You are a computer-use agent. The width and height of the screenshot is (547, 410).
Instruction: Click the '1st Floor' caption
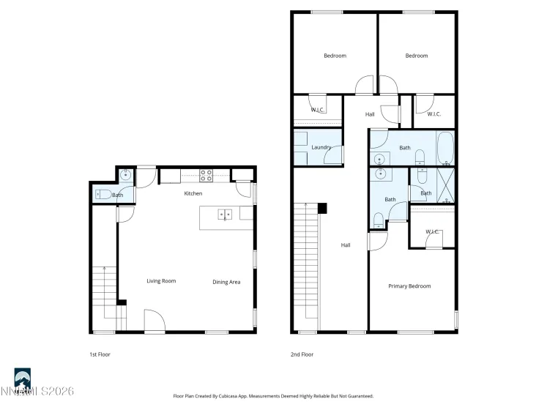(100, 354)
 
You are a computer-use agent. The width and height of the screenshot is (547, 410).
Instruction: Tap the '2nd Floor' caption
(302, 354)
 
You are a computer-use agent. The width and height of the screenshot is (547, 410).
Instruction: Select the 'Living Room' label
(161, 281)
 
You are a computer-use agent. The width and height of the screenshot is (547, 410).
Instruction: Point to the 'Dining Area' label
(226, 282)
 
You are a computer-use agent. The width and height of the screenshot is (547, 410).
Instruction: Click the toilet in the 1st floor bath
(102, 195)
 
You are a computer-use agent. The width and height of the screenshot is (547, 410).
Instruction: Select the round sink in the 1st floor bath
(126, 176)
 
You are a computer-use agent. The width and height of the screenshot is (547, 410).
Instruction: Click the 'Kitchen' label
(193, 193)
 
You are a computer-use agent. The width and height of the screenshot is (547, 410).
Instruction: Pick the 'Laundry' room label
(321, 147)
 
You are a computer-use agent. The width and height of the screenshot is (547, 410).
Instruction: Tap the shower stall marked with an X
(445, 184)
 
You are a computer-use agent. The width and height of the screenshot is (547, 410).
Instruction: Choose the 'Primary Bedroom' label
(409, 286)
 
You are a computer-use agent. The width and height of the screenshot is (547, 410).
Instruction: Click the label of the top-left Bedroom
(335, 56)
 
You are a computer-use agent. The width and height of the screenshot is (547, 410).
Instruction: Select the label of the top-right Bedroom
(416, 56)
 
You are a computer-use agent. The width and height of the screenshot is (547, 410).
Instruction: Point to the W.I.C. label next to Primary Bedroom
(432, 232)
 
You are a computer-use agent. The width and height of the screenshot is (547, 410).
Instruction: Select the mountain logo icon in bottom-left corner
(22, 379)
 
